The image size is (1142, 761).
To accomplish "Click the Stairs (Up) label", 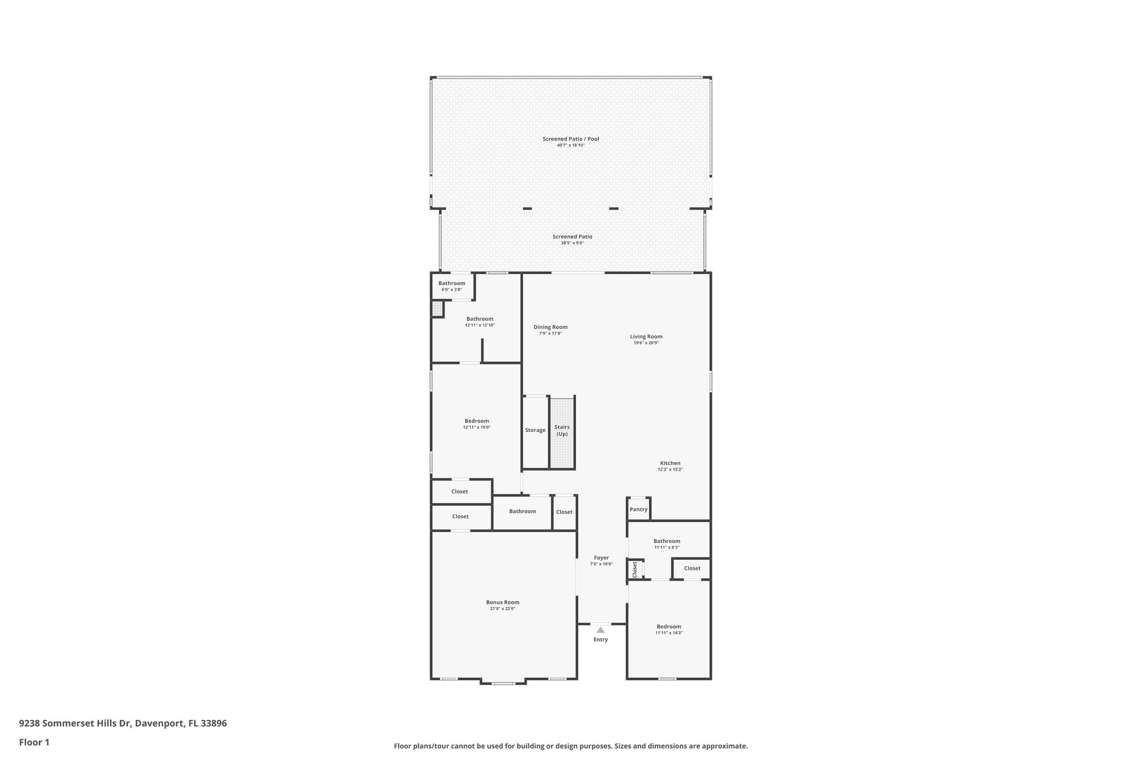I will tap(562, 430).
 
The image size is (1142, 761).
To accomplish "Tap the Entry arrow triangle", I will tap(601, 630).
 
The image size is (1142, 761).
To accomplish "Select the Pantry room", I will tap(638, 510).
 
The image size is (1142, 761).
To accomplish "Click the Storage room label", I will tap(535, 430).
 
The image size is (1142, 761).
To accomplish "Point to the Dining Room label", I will tap(550, 327).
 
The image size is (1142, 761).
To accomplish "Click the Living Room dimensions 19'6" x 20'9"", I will tap(646, 343).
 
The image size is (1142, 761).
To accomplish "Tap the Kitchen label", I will tap(670, 463).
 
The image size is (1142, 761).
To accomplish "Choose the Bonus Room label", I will tap(502, 602).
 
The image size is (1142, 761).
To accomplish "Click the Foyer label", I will tap(601, 558).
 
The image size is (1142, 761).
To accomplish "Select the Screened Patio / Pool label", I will tap(571, 139).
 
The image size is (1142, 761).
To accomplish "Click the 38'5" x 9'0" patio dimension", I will tap(572, 243).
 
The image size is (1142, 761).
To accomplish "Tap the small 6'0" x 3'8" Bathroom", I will tap(452, 286).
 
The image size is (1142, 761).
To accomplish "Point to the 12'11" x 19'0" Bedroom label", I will tap(477, 421).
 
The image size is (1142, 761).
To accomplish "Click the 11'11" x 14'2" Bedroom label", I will tap(669, 627).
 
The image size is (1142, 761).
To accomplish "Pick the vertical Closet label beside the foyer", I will tap(635, 569).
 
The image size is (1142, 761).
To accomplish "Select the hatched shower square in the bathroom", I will tap(437, 309).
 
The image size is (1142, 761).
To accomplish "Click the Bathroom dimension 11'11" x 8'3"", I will tap(667, 547).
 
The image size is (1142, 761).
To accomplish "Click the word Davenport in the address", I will tap(159, 724).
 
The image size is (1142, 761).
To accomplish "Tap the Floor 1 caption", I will tap(35, 743).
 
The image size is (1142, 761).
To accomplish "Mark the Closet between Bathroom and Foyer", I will tap(564, 512).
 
